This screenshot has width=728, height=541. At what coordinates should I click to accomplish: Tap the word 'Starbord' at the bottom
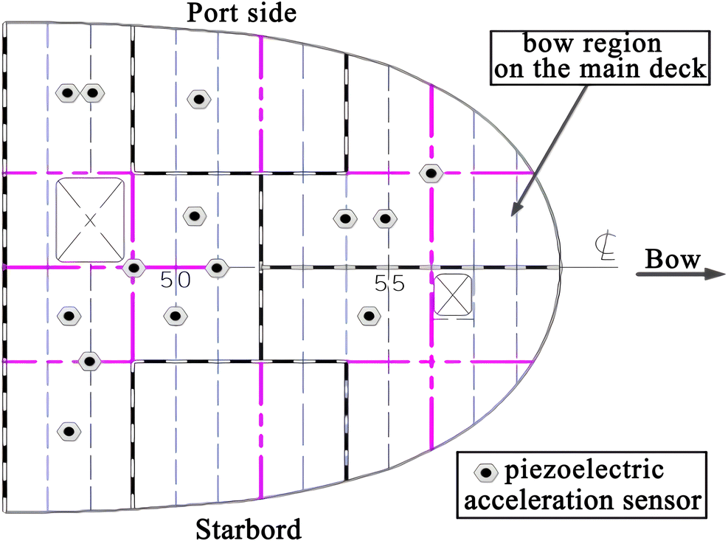[249, 528]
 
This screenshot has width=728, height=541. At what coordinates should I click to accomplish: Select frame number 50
[175, 280]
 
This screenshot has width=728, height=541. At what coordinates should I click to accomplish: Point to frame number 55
[389, 283]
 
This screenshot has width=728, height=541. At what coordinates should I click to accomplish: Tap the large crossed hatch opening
[90, 219]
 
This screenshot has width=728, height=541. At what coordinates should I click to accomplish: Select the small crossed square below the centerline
[451, 295]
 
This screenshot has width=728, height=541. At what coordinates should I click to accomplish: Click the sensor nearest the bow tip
[431, 173]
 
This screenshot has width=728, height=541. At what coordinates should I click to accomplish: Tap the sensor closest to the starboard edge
[69, 430]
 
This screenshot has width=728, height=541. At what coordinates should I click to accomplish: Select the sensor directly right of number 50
[216, 267]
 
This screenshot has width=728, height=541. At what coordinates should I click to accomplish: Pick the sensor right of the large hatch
[194, 216]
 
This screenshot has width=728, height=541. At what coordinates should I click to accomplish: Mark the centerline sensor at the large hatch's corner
[133, 268]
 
